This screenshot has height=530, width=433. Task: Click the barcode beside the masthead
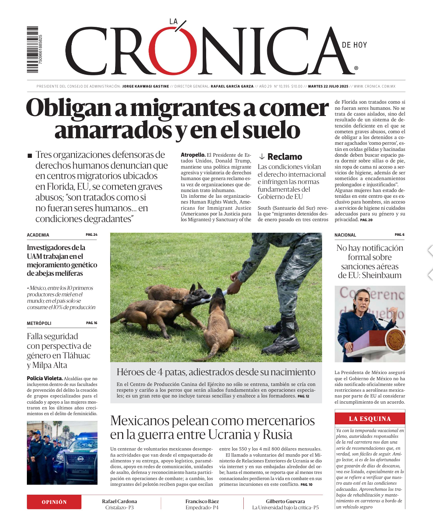(33, 50)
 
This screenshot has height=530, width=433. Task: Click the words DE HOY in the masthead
(354, 45)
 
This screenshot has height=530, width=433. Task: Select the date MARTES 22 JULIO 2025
(328, 86)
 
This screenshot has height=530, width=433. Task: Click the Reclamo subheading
(284, 157)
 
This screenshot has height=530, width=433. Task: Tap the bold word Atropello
(193, 155)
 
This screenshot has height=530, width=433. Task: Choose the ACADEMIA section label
(38, 235)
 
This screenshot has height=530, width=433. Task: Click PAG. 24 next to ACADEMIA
(91, 235)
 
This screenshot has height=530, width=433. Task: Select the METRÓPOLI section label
(39, 323)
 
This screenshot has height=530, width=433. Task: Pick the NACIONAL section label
(345, 235)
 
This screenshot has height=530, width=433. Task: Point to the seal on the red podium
(395, 340)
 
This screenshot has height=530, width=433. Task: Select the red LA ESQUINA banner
(370, 419)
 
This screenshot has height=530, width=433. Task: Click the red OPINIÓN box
(54, 502)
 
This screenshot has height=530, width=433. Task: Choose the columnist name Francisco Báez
(202, 501)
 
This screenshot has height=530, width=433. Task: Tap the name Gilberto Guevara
(285, 501)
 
